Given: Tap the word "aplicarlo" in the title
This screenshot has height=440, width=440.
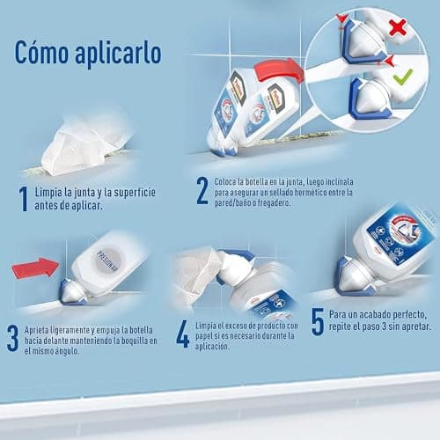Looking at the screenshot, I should pos(119,52).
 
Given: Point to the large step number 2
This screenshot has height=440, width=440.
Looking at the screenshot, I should pos(202,191).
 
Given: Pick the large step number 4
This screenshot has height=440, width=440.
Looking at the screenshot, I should pos(182,333).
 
